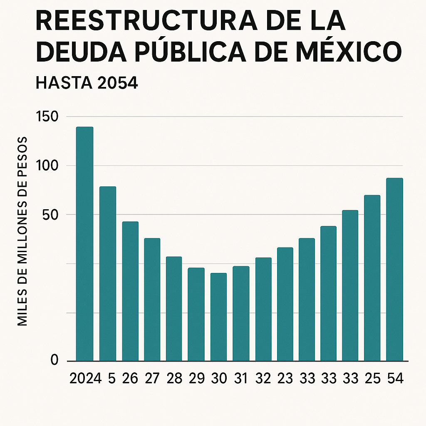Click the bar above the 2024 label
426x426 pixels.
[84, 244]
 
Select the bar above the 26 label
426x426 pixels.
[130, 291]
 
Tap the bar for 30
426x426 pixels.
[219, 317]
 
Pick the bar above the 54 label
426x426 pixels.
[394, 270]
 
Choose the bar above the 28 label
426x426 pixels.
[174, 309]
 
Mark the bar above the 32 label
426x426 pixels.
[263, 309]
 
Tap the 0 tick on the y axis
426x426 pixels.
[54, 360]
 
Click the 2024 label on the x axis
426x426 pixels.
[85, 379]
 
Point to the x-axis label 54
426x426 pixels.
[394, 379]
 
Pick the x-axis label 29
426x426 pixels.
[196, 379]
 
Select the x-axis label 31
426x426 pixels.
[240, 379]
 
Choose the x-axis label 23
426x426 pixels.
[285, 379]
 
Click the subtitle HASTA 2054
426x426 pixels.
[87, 83]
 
